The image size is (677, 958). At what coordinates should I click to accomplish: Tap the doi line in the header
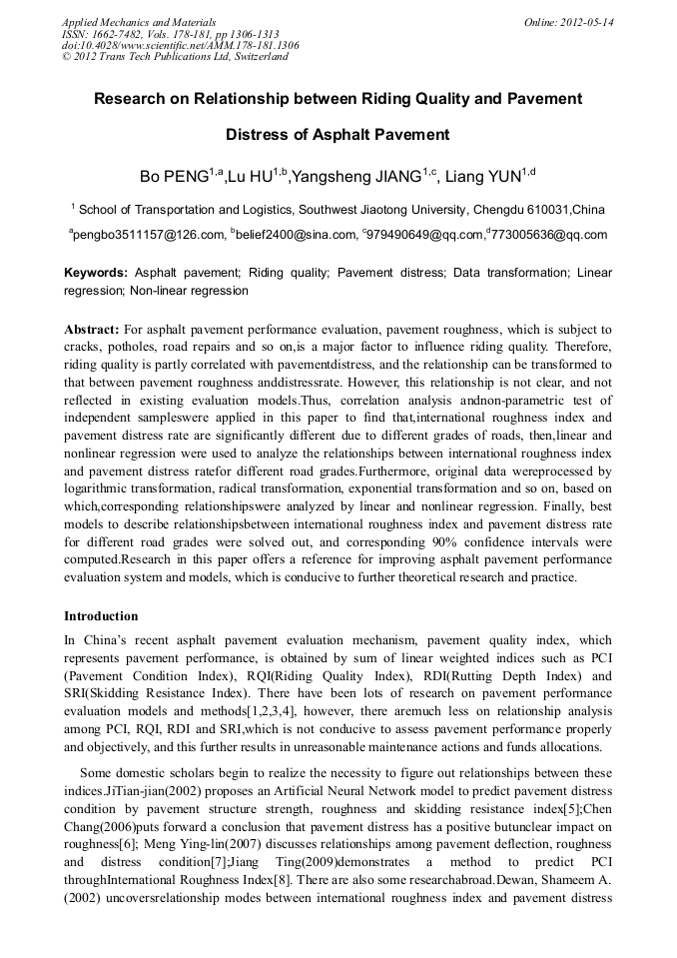(180, 45)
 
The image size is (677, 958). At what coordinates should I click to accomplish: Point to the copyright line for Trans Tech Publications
(175, 57)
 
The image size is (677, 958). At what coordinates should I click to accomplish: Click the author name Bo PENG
(174, 177)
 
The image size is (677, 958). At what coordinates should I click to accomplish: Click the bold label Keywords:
(96, 272)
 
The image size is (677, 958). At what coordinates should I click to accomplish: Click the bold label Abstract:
(92, 329)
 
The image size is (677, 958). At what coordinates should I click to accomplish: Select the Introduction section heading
(101, 616)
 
